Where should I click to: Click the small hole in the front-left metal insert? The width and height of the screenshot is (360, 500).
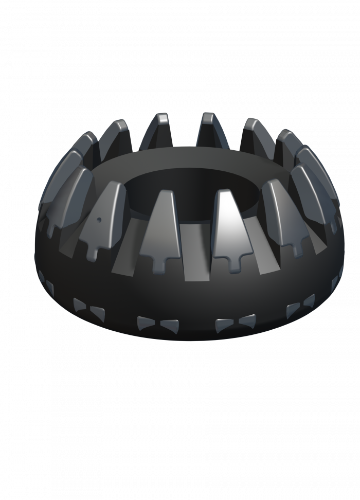click(x=98, y=218)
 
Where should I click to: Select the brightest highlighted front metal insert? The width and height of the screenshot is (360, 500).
click(x=228, y=221)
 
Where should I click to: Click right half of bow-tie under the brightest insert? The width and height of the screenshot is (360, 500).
click(x=246, y=320)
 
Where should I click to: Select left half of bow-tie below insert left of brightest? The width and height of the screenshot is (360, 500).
click(x=146, y=324)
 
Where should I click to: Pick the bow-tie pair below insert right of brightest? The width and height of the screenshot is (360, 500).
click(x=300, y=306)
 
